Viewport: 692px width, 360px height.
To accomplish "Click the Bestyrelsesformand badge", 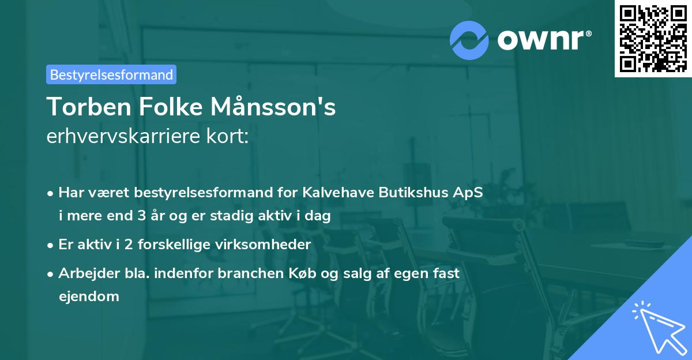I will pyautogui.click(x=111, y=74).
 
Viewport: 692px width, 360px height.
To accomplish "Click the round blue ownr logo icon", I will pyautogui.click(x=469, y=40).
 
